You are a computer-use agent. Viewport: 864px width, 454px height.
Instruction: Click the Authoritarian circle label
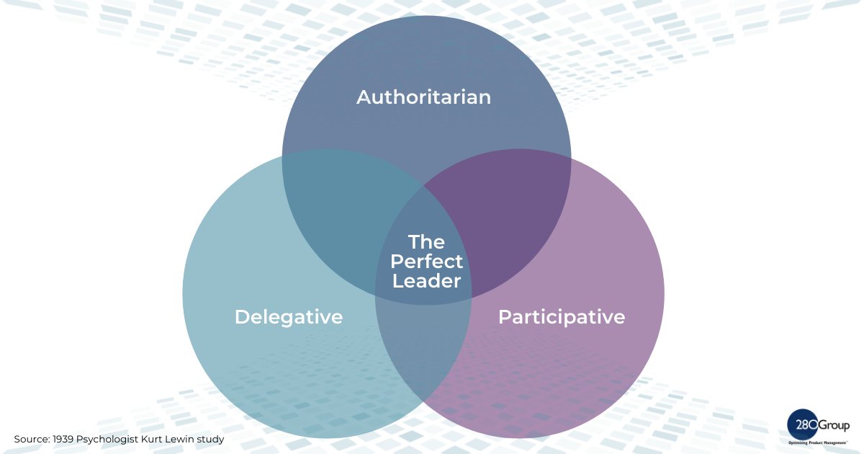423,97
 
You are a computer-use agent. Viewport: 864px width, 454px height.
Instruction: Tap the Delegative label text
289,317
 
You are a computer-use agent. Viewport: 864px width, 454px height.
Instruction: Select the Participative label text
562,317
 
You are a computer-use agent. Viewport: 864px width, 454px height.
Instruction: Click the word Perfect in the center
427,262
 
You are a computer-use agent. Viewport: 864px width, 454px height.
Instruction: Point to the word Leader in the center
427,281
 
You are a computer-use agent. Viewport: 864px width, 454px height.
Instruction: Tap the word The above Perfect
427,242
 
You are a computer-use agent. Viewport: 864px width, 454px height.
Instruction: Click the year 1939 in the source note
64,439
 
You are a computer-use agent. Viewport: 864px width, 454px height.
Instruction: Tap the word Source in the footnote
30,439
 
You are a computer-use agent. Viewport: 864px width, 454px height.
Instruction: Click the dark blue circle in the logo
800,424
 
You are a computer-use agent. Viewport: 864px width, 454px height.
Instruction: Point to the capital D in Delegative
242,317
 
